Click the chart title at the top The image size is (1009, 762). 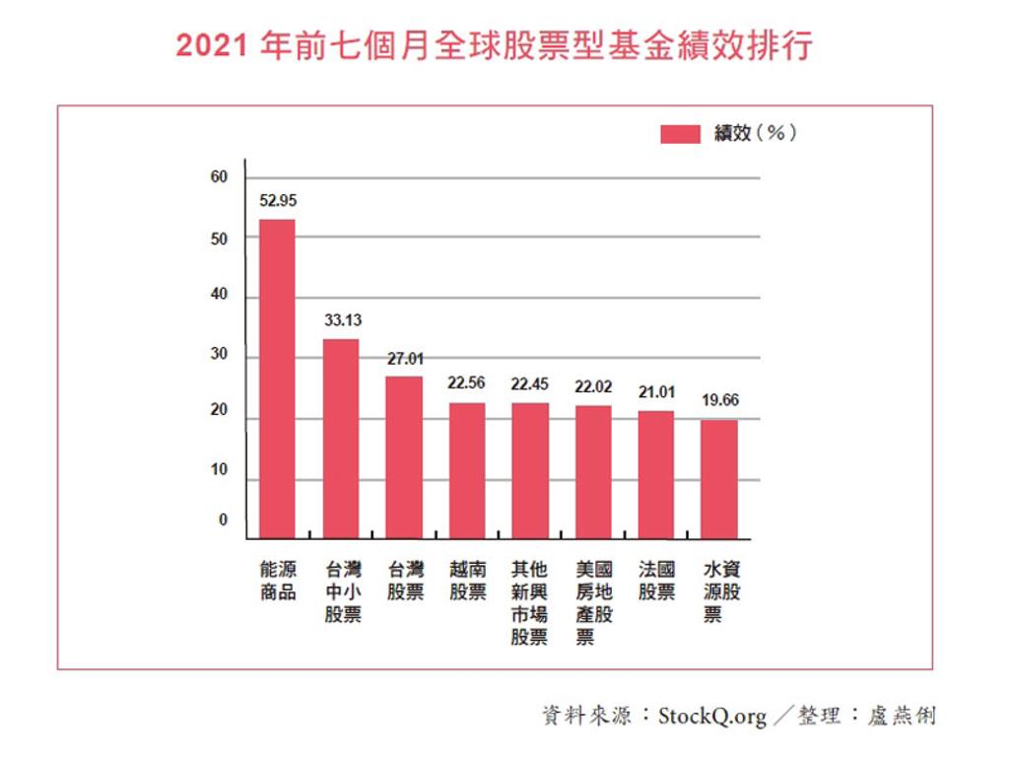point(494,46)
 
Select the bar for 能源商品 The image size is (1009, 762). point(277,379)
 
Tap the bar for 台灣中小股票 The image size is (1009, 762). point(341,439)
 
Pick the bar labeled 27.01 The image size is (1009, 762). point(404,457)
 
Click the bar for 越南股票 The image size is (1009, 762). point(467,470)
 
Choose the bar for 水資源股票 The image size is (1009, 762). point(719,479)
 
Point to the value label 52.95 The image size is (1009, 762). point(278,201)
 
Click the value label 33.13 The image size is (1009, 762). point(341,320)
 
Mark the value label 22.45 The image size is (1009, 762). point(529,384)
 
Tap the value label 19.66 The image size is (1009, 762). point(720,401)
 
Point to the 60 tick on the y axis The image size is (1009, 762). point(219,177)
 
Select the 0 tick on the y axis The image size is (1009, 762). point(223,520)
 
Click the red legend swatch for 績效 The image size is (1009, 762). point(679,134)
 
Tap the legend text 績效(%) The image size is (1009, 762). point(755,133)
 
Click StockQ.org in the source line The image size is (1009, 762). point(711,717)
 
